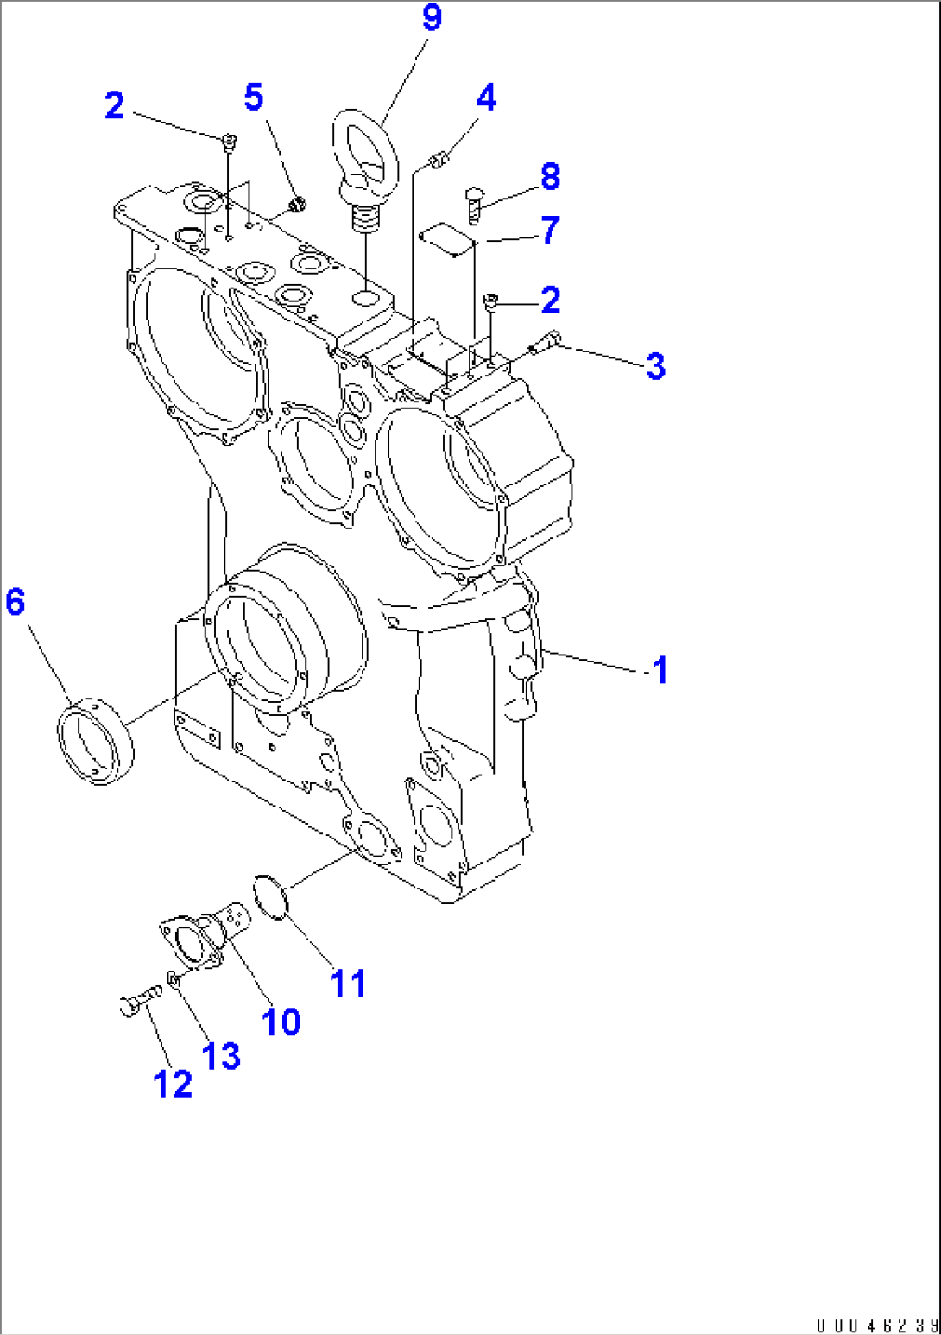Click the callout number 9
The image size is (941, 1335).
432,18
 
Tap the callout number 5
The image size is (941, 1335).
254,97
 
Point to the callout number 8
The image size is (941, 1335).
550,176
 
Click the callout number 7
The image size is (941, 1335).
550,230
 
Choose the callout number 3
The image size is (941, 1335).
655,365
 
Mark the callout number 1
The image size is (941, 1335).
660,670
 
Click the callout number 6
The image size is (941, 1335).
16,601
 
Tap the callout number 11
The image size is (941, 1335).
348,983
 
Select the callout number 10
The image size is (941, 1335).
281,1022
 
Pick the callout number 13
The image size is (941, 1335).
220,1055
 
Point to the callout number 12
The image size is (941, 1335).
173,1084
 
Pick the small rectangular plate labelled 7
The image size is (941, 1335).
447,240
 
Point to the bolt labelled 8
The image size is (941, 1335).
474,206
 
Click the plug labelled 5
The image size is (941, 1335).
297,205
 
